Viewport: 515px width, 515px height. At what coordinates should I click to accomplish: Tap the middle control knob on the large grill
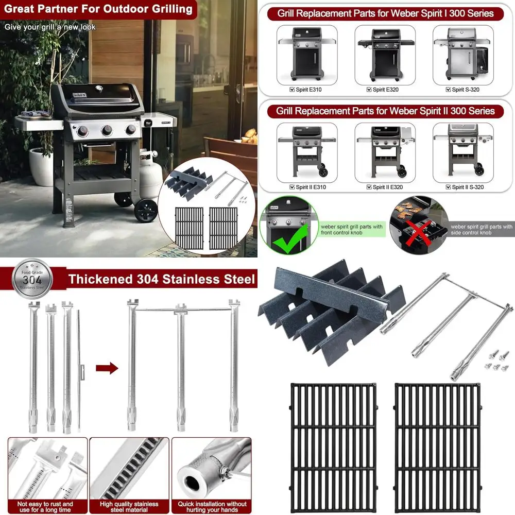[x=107, y=131]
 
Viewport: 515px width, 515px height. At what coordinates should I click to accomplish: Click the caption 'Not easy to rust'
[x=45, y=504]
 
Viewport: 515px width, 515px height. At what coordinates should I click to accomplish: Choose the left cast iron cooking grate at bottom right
[x=334, y=444]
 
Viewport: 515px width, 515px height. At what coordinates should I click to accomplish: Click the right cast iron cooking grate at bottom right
[x=437, y=444]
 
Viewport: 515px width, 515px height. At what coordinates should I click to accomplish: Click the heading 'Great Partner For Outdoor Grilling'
[x=98, y=9]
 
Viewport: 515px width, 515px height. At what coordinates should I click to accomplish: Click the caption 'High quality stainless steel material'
[x=129, y=507]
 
